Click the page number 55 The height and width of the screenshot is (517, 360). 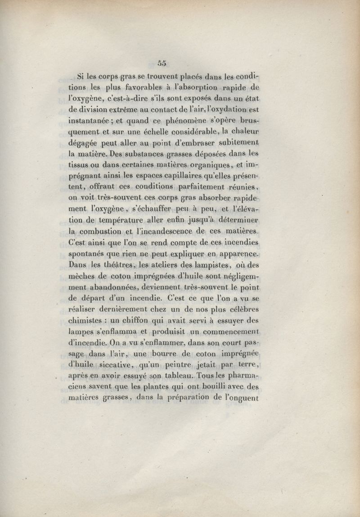tap(163, 63)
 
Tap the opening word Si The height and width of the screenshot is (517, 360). tap(81, 76)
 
